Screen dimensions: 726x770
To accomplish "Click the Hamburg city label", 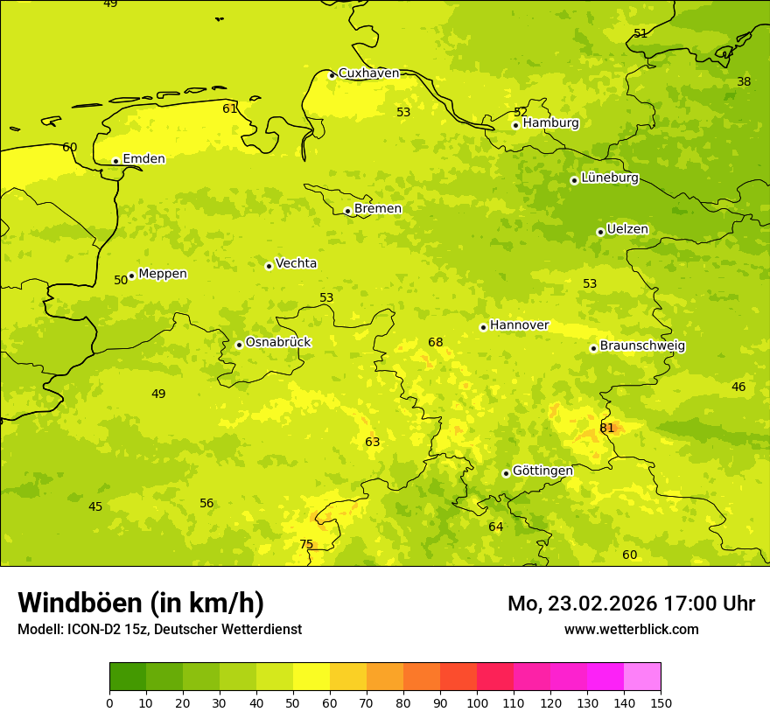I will (x=550, y=123).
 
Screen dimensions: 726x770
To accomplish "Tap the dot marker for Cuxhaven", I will (x=332, y=75).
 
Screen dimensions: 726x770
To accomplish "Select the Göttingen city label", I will (x=542, y=471).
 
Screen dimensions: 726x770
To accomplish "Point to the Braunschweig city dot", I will (x=593, y=348).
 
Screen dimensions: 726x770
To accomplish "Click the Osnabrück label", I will (x=277, y=342).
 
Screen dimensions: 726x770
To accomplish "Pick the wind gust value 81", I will (x=607, y=428).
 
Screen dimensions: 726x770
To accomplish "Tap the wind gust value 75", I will (x=306, y=544).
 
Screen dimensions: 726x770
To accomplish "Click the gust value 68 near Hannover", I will (x=436, y=342).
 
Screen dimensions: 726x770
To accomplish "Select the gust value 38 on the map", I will (x=744, y=81).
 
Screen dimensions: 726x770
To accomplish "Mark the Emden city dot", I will (x=115, y=161).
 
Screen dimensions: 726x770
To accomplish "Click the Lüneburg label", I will (x=609, y=178).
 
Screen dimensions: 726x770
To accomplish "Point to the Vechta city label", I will (x=296, y=263).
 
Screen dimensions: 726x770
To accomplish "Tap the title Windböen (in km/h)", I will (x=141, y=603).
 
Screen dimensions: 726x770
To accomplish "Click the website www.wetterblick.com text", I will (x=631, y=629).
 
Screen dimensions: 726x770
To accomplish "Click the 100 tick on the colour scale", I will (x=477, y=702).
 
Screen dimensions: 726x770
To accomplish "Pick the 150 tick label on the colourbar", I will (x=661, y=702).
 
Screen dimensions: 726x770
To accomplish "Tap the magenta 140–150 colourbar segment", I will (x=642, y=676).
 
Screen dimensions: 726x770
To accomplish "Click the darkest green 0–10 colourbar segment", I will (x=128, y=676).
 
